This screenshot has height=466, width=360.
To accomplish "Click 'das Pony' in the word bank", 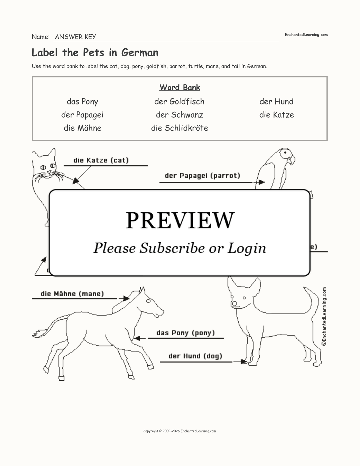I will [82, 102].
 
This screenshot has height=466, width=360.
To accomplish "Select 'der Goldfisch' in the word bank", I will [179, 102].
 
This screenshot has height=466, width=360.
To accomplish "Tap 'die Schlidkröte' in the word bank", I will [179, 128].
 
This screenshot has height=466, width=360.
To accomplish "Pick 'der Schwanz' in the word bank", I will [179, 115].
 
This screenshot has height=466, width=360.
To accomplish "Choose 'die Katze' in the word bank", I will [276, 115].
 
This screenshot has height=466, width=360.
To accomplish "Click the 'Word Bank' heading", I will [180, 88].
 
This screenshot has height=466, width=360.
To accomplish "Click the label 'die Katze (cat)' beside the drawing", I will [101, 161].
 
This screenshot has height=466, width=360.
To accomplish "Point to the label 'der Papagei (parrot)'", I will [202, 176].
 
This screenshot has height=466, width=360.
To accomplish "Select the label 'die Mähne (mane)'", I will [72, 294].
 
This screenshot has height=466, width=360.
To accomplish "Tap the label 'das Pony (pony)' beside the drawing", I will [186, 333].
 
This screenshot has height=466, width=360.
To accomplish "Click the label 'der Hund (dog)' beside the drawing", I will [195, 356].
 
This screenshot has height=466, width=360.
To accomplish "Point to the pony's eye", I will [149, 301].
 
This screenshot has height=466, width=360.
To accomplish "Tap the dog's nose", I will [234, 304].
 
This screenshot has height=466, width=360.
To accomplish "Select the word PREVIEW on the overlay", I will [180, 220].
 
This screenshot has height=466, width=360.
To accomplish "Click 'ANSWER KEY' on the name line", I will [75, 37].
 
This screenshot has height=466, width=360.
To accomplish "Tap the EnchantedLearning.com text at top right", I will [306, 35].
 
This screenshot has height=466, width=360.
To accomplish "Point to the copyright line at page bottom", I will [179, 431].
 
